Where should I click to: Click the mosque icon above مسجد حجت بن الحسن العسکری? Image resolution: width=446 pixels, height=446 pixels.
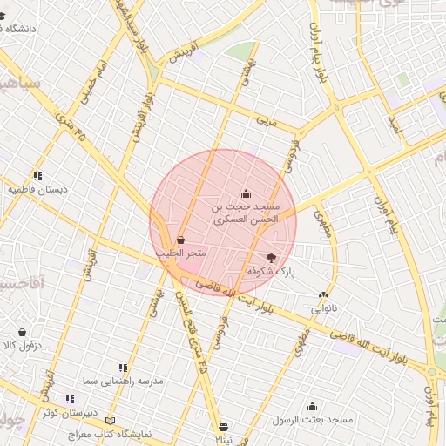tap(247, 194)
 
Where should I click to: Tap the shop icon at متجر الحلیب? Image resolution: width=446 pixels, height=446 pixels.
tap(180, 240)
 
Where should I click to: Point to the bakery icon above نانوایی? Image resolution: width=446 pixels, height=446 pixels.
tap(323, 295)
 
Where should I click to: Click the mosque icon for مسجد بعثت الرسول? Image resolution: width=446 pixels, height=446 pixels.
tap(312, 407)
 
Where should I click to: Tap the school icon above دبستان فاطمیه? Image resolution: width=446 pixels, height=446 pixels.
tap(37, 176)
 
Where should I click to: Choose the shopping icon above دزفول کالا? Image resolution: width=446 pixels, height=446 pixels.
tap(22, 332)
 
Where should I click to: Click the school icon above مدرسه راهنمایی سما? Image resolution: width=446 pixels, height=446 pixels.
tap(123, 368)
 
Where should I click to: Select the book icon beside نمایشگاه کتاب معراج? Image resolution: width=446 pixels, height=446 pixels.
tap(109, 421)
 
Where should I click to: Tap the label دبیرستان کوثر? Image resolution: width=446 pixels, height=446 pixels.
tap(71, 412)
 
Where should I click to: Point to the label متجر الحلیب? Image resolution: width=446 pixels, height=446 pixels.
tap(180, 253)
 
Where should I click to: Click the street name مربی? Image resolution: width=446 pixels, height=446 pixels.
tap(267, 122)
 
